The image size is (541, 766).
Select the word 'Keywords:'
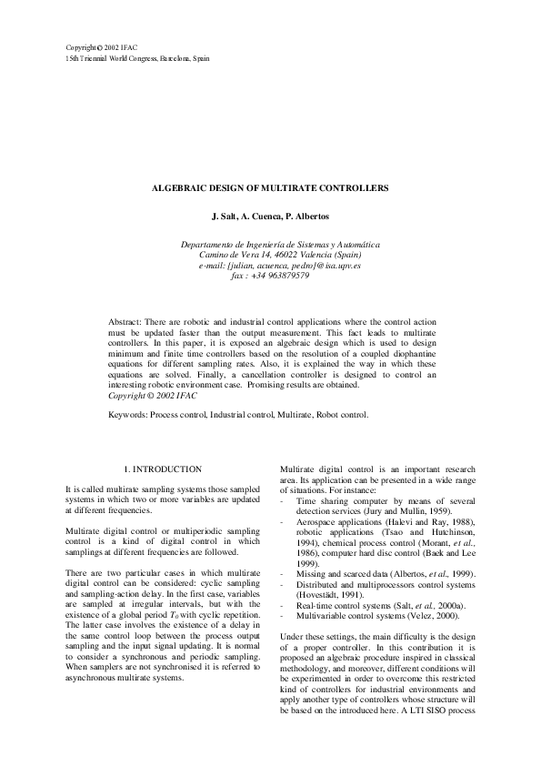point(128,414)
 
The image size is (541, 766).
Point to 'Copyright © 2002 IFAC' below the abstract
point(152,396)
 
